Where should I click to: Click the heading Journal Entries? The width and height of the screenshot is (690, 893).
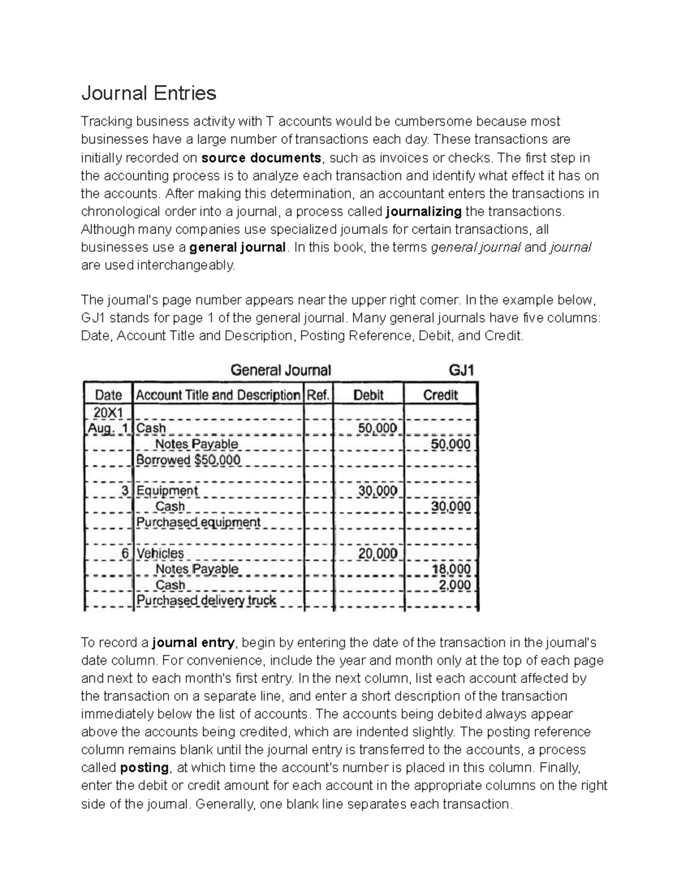click(x=148, y=93)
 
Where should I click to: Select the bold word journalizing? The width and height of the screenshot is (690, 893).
click(x=424, y=211)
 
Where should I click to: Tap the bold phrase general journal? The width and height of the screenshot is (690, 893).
click(x=237, y=247)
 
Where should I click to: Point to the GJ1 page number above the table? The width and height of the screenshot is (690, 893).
click(x=461, y=370)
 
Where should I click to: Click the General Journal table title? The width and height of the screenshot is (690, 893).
click(x=281, y=370)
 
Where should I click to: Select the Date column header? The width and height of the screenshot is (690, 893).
click(x=108, y=395)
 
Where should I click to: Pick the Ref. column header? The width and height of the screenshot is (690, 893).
click(x=319, y=395)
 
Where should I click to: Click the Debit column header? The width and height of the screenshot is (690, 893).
click(x=369, y=395)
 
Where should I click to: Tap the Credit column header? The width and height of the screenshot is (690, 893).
click(x=440, y=395)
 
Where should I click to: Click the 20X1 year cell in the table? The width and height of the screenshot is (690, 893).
click(x=108, y=412)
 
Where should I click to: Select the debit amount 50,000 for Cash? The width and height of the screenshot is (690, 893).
click(x=378, y=428)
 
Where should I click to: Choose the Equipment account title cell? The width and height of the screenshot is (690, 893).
click(x=167, y=490)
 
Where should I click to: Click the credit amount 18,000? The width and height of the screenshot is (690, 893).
click(x=451, y=569)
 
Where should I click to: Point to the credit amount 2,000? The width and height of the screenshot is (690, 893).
click(x=455, y=585)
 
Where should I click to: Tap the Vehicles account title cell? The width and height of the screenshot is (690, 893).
click(x=160, y=553)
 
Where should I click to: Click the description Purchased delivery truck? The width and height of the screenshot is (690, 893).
click(x=206, y=600)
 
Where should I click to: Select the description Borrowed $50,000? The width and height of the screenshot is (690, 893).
click(x=188, y=460)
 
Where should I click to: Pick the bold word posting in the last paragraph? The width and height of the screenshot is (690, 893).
click(x=144, y=768)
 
